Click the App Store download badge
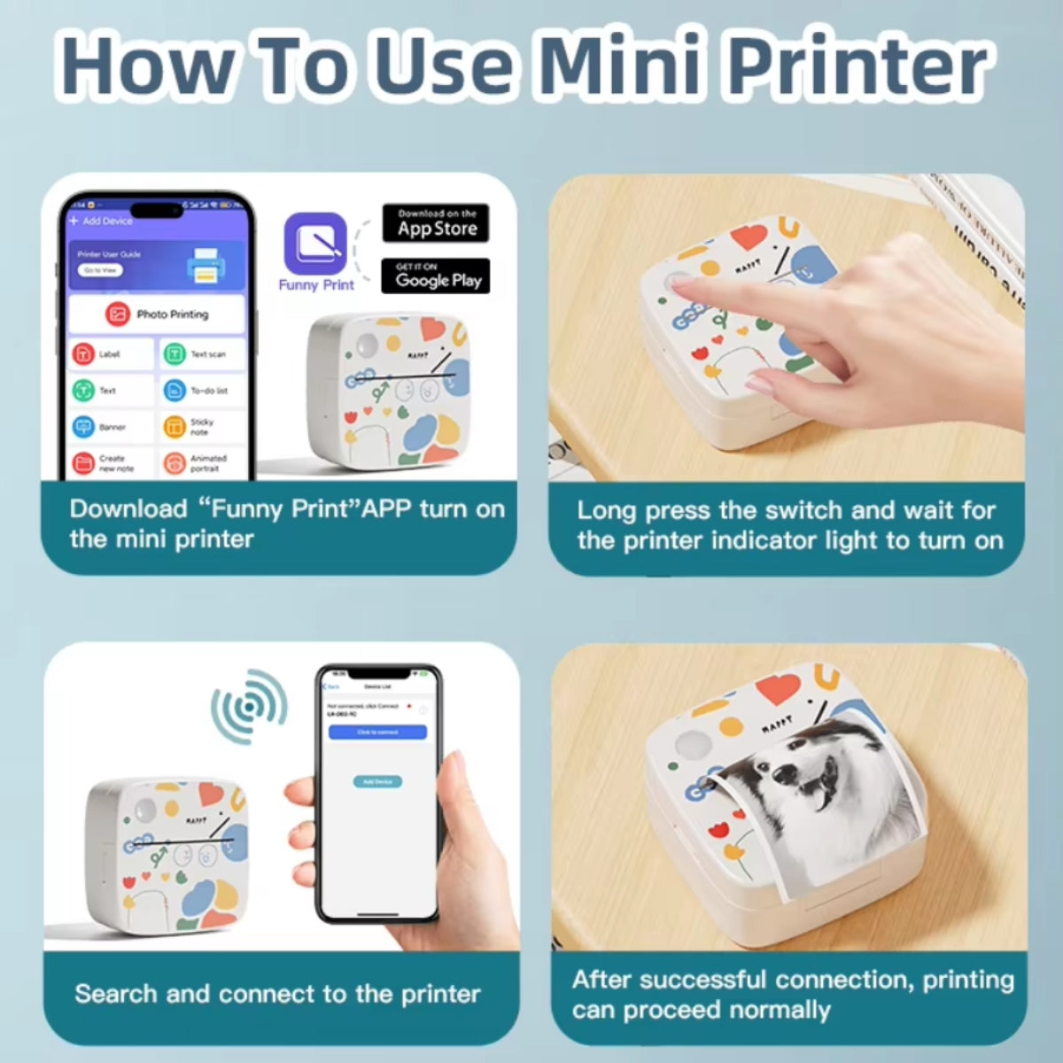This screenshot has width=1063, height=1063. pyautogui.click(x=436, y=223)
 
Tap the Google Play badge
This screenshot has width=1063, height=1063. pyautogui.click(x=436, y=275)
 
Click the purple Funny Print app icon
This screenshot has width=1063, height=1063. pyautogui.click(x=315, y=243)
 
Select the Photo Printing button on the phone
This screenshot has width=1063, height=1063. pyautogui.click(x=158, y=314)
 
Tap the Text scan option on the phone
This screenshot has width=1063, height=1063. pyautogui.click(x=202, y=354)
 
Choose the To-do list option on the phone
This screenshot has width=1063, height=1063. pyautogui.click(x=202, y=391)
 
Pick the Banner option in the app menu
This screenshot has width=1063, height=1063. pyautogui.click(x=110, y=427)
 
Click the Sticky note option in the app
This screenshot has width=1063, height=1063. pyautogui.click(x=202, y=427)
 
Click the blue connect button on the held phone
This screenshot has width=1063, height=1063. pyautogui.click(x=377, y=733)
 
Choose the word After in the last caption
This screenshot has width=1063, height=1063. pyautogui.click(x=602, y=980)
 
